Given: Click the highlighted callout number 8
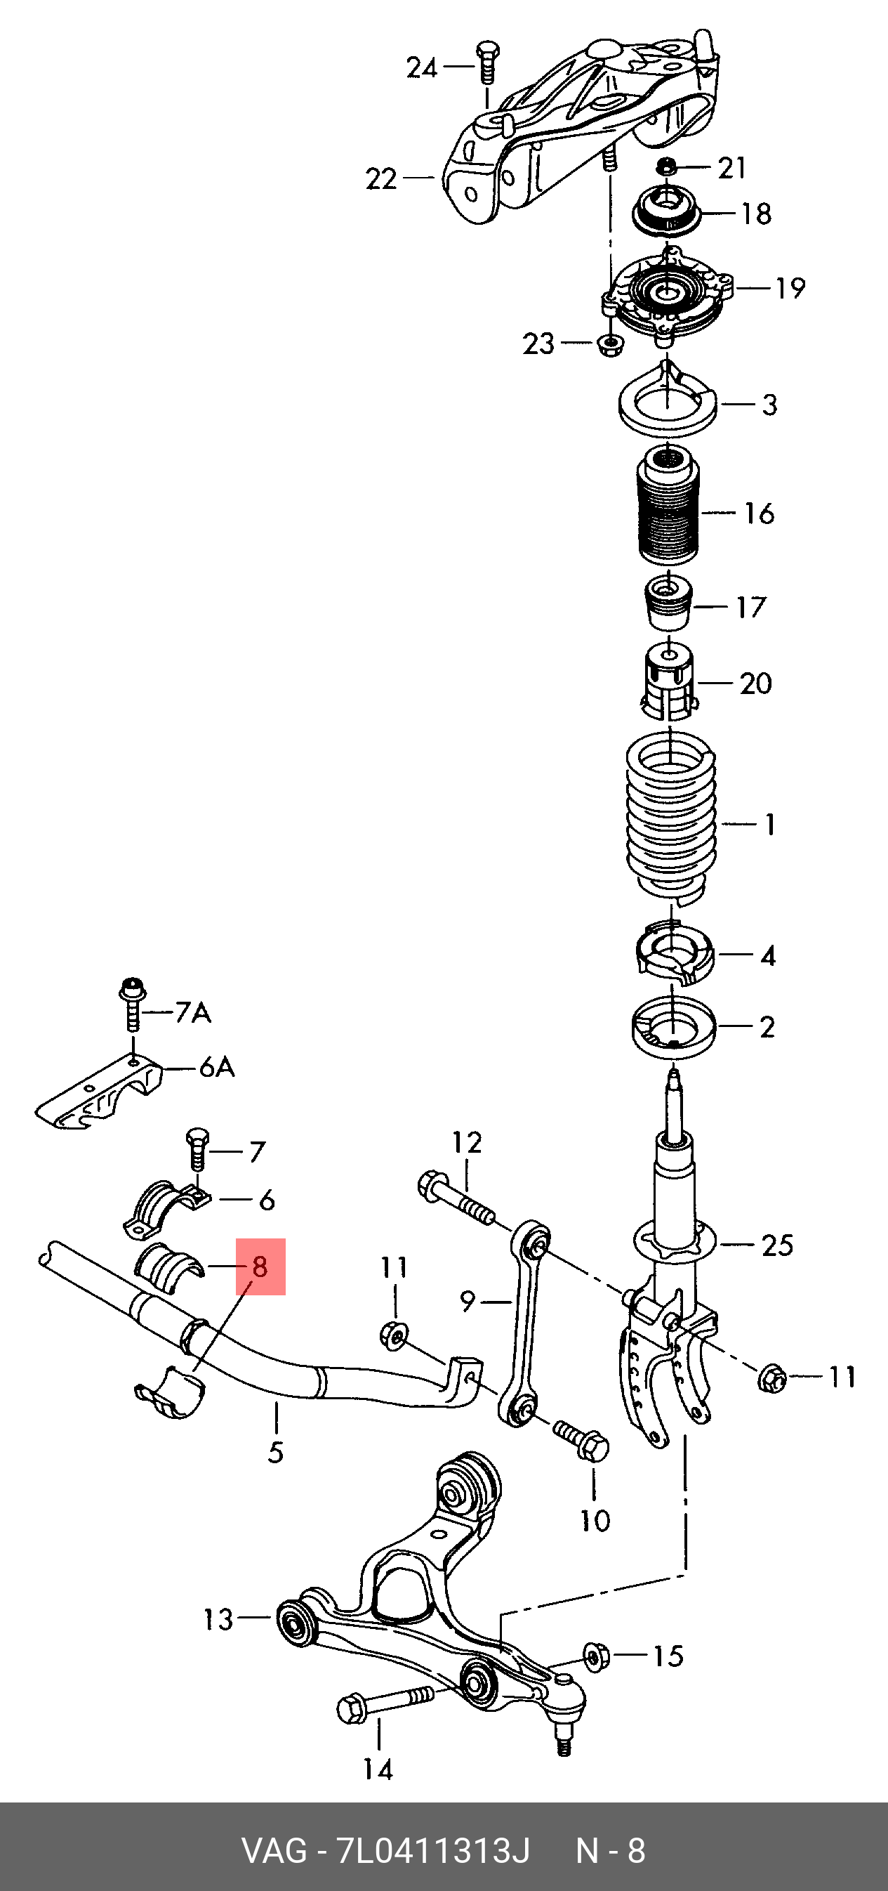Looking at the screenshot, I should pos(260,1267).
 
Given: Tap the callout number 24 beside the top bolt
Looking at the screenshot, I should pos(422,68).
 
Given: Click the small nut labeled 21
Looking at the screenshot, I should pos(665,166).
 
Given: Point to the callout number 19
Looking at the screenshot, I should pos(790,288).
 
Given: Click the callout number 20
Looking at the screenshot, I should pos(755,683).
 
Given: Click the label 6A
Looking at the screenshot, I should pos(217,1067).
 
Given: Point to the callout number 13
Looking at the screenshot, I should pos(218,1618).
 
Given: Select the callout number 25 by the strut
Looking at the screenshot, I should pos(777,1244).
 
